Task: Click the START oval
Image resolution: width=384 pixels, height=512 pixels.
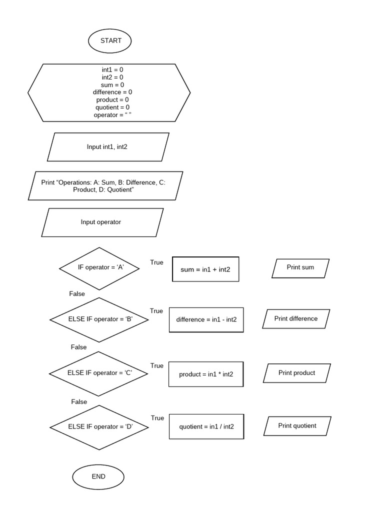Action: pos(110,41)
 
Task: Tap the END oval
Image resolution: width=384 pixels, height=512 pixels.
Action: pos(98,476)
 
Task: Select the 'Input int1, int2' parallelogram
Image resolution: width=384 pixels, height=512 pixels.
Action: pos(107,147)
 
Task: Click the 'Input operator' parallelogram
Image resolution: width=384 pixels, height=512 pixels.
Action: pos(102,222)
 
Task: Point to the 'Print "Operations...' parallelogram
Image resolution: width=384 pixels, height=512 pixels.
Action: pos(105,186)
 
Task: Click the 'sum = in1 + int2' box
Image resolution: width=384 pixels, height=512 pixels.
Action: pos(205,269)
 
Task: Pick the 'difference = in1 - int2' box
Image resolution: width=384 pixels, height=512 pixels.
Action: pos(206,320)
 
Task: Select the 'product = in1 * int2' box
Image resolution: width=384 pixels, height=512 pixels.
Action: pos(206,374)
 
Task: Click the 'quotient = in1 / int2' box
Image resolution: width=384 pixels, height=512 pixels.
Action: pos(206,427)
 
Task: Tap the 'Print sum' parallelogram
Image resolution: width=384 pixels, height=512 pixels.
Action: pos(300,268)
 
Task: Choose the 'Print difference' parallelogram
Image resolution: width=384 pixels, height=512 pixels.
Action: pos(296,319)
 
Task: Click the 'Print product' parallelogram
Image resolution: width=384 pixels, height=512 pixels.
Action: pos(297,373)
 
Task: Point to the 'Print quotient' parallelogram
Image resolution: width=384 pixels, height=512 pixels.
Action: pos(297,426)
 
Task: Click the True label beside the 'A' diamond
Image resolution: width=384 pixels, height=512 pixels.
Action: pos(156,262)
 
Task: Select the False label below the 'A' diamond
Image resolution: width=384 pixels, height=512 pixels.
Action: pos(77,294)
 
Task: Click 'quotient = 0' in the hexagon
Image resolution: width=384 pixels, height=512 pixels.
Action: pos(112,107)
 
